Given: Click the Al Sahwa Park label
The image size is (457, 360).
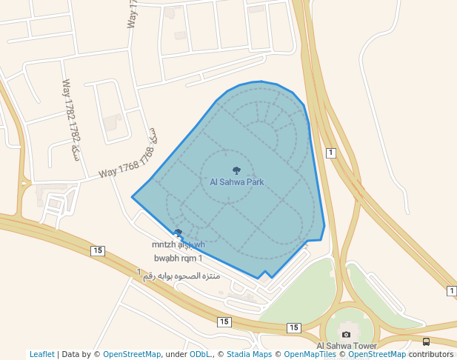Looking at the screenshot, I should [237, 182].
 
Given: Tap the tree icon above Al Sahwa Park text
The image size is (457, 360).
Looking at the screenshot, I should [236, 171].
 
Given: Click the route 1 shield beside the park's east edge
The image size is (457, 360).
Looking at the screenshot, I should [330, 153].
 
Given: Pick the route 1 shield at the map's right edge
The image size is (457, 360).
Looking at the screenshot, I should [452, 291].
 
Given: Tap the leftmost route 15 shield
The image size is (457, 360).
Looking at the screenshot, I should [97, 251].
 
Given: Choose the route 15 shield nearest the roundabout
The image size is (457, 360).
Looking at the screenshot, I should [294, 327].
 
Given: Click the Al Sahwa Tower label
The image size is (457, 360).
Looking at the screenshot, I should [346, 346].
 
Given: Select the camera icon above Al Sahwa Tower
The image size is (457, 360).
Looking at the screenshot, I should [345, 334].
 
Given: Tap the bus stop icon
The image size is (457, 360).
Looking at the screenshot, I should [426, 341].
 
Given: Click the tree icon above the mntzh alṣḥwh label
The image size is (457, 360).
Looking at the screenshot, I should [178, 233].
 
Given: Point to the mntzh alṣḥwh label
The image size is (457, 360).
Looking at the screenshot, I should [178, 244].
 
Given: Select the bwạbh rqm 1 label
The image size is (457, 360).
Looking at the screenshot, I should [178, 259].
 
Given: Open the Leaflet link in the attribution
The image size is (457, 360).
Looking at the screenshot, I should [42, 355].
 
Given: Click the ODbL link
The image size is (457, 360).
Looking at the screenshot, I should [200, 355].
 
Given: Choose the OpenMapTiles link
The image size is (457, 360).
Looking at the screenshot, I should [312, 355].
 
